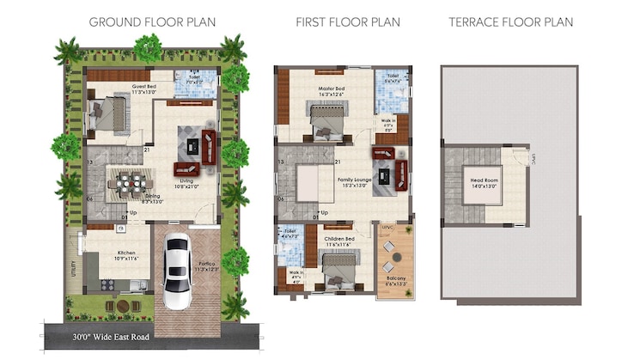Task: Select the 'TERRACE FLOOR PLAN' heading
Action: pyautogui.click(x=510, y=21)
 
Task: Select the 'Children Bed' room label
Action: pyautogui.click(x=338, y=241)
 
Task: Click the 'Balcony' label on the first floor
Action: pyautogui.click(x=395, y=279)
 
